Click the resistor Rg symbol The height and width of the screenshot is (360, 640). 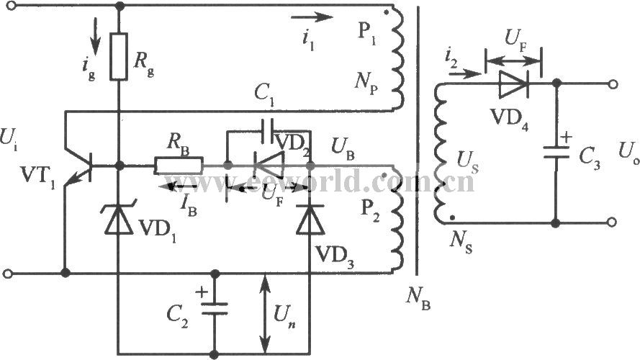point(119,56)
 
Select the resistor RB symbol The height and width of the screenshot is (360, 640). point(178,166)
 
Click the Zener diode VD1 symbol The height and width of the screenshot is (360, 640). point(119,218)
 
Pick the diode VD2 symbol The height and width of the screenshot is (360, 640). point(269,166)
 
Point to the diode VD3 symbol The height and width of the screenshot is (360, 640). point(310,219)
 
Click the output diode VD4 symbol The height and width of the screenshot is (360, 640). point(513,84)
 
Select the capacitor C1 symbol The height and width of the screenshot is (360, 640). point(269,131)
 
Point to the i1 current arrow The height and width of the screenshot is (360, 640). point(312,17)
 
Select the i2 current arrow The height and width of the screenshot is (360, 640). point(465,74)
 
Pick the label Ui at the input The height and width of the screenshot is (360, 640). point(9,140)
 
